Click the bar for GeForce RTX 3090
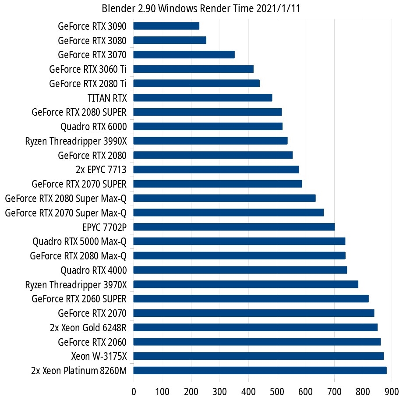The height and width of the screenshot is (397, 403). (x=166, y=26)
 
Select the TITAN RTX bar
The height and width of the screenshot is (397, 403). (x=203, y=98)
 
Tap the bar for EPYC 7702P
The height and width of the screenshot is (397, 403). (x=234, y=227)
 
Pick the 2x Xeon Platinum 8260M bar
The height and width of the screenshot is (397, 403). (x=260, y=371)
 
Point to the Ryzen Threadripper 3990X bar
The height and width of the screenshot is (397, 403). (x=210, y=141)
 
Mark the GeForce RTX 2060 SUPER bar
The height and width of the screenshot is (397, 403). (x=251, y=299)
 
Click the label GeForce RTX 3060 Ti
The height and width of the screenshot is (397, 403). (x=88, y=69)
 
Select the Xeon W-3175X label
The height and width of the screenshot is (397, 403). (x=99, y=356)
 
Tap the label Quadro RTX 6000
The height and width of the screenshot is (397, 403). (x=94, y=127)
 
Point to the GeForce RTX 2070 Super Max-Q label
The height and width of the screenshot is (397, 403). (x=66, y=213)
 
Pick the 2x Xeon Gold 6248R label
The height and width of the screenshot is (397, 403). (x=88, y=327)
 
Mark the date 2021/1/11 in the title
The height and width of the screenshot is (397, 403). (x=277, y=9)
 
